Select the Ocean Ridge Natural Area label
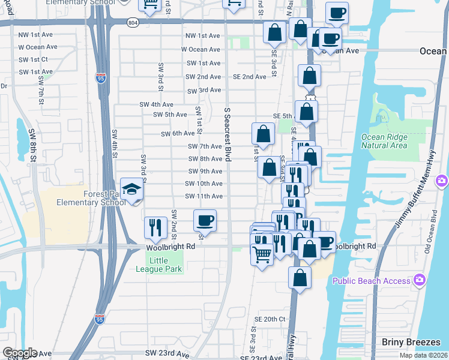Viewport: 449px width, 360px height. (x=384, y=141)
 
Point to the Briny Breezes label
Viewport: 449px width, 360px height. (x=411, y=342)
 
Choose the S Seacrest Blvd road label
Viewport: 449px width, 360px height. (x=228, y=134)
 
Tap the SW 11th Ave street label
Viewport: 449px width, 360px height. (x=203, y=196)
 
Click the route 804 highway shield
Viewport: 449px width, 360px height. (x=133, y=22)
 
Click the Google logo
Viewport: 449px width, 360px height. (x=20, y=353)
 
